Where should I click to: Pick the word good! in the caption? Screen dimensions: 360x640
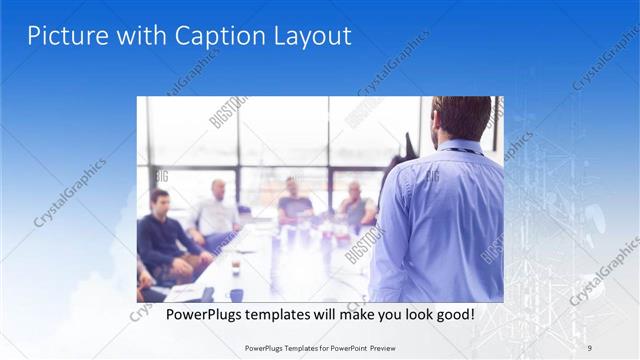[x=453, y=314]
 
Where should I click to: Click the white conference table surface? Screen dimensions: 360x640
[x=300, y=265]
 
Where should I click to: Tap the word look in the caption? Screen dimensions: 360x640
[x=410, y=314]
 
